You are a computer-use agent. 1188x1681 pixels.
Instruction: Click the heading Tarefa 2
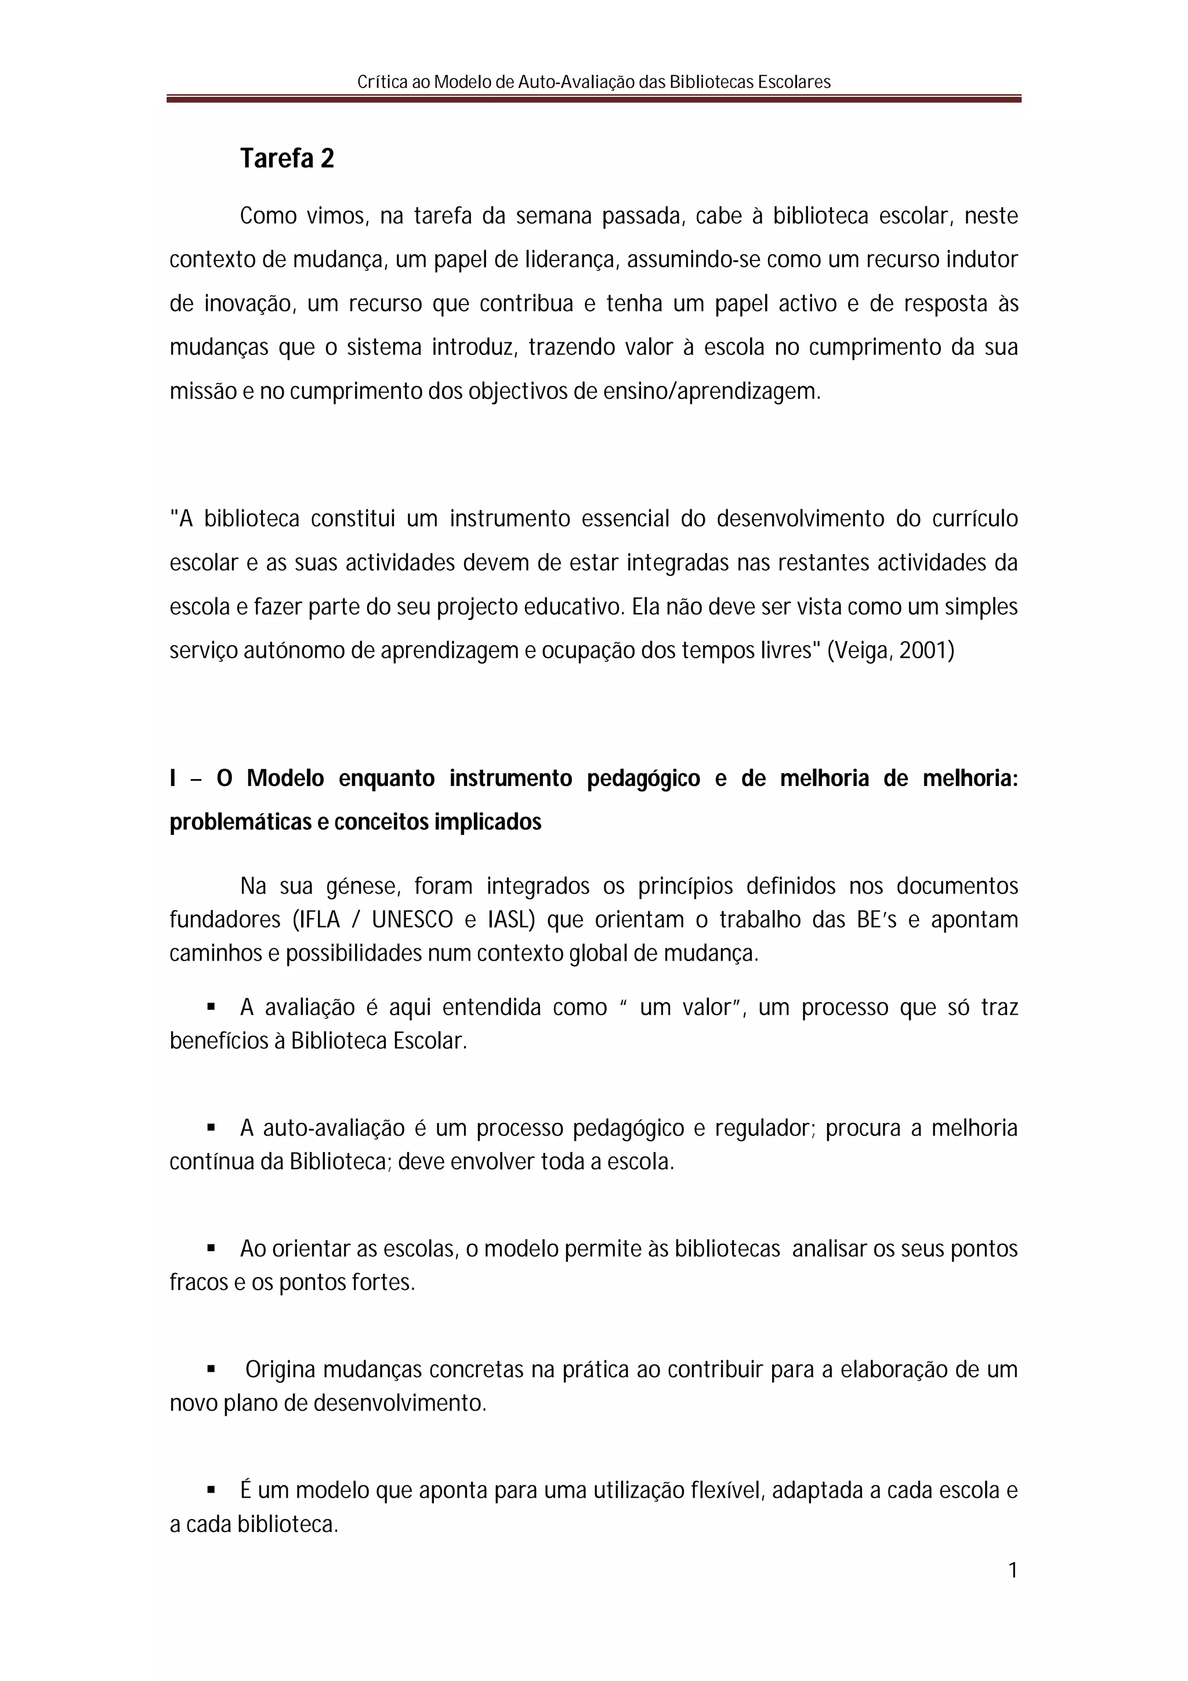click(x=287, y=159)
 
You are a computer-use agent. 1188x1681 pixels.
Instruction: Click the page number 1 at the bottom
click(x=1012, y=1570)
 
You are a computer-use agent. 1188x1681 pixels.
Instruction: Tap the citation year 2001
click(x=926, y=651)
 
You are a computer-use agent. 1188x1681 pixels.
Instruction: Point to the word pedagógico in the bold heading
click(x=643, y=778)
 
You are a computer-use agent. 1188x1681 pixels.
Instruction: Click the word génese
click(x=363, y=887)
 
